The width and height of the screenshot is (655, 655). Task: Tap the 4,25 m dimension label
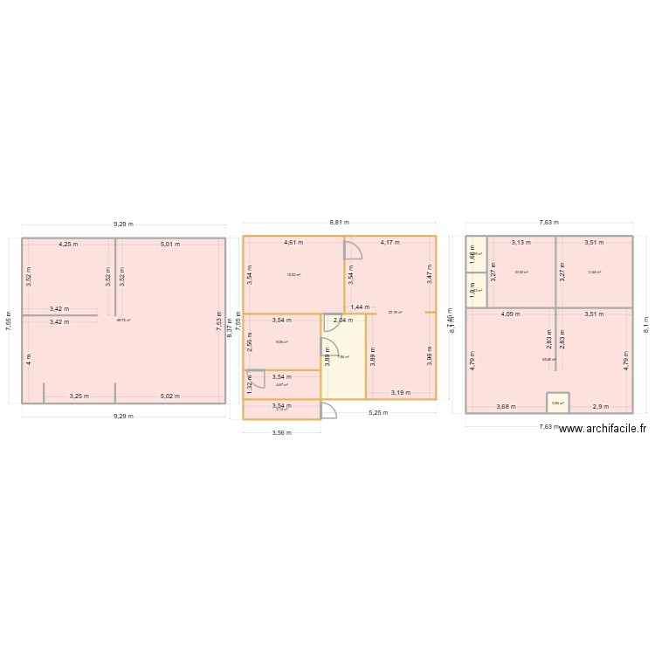point(69,245)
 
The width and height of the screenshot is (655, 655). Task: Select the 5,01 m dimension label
point(169,245)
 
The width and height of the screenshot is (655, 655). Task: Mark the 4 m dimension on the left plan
point(29,358)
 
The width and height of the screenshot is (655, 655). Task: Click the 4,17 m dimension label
point(390,243)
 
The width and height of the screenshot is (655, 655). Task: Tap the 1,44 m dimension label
point(360,307)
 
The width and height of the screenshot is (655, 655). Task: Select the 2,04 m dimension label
point(343,320)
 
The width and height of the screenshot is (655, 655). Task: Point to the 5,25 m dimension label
point(377,412)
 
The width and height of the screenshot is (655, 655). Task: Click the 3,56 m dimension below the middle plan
point(281,432)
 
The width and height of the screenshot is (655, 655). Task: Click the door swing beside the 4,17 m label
point(353,250)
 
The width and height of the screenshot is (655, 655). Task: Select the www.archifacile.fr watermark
point(602,428)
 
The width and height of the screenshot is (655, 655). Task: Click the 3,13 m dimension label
point(521,243)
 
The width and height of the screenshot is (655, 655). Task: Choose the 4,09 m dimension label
point(509,314)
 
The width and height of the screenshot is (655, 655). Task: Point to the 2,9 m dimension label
point(600,406)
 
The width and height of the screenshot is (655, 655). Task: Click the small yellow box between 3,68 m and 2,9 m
point(558,402)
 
